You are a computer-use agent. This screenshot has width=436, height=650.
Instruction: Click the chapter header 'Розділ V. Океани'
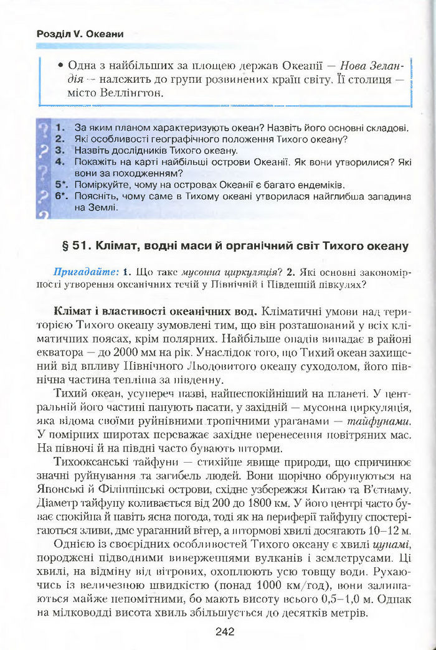(80, 34)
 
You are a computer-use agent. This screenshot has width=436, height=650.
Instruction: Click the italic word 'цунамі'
(392, 545)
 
